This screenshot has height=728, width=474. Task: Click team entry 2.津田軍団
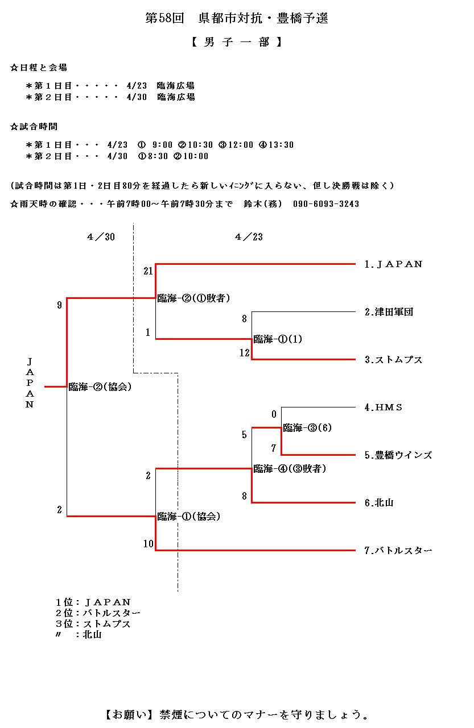click(389, 312)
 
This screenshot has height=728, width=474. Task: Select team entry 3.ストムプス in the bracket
click(393, 360)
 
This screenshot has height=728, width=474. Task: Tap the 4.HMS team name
click(384, 407)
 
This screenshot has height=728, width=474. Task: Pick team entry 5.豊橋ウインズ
click(398, 455)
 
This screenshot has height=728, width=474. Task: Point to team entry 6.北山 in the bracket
click(379, 503)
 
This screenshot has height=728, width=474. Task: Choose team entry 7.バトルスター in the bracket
click(398, 551)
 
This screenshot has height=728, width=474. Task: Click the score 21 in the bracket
click(148, 271)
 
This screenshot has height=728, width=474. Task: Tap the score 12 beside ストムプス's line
click(244, 353)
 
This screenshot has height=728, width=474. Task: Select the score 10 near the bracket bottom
click(148, 544)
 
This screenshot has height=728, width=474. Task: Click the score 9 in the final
click(59, 305)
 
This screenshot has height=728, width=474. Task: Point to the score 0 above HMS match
click(274, 414)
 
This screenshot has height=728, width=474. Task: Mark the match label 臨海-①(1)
click(278, 339)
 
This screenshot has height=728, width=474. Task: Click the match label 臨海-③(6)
click(307, 428)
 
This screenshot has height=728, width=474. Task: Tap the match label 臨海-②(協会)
click(100, 387)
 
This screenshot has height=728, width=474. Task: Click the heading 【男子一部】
click(236, 42)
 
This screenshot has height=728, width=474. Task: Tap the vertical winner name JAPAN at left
click(30, 384)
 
